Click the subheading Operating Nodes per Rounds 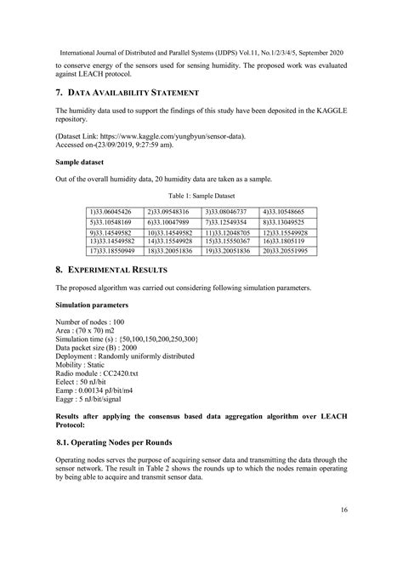point(124,442)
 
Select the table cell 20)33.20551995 point(288,252)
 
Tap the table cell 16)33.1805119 point(288,242)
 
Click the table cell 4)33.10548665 point(288,210)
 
